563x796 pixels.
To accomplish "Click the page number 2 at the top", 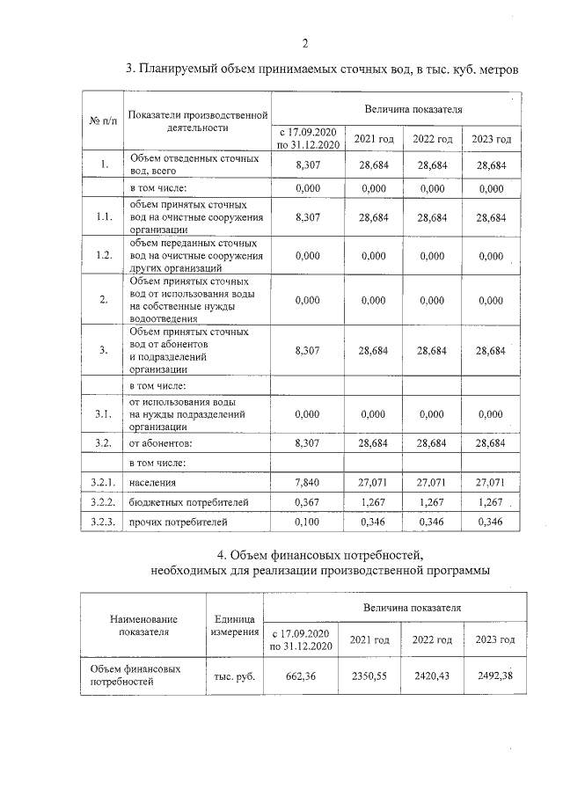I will pyautogui.click(x=305, y=44).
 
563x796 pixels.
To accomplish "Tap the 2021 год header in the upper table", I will pyautogui.click(x=373, y=139).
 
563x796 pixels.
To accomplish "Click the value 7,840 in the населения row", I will pyautogui.click(x=308, y=483).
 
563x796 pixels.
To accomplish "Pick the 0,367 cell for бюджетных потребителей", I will pyautogui.click(x=308, y=502).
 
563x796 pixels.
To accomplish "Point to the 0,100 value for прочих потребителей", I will pyautogui.click(x=308, y=522).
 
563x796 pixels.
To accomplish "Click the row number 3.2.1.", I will pyautogui.click(x=103, y=483).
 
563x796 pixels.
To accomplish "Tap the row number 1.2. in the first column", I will pyautogui.click(x=103, y=255).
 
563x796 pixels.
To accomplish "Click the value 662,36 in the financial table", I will pyautogui.click(x=301, y=677).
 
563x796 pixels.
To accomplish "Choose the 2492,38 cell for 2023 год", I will pyautogui.click(x=486, y=677).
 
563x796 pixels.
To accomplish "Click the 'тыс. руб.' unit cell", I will pyautogui.click(x=233, y=677).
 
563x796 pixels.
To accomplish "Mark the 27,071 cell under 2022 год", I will pyautogui.click(x=432, y=483).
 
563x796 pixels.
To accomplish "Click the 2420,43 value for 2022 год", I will pyautogui.click(x=427, y=677).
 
